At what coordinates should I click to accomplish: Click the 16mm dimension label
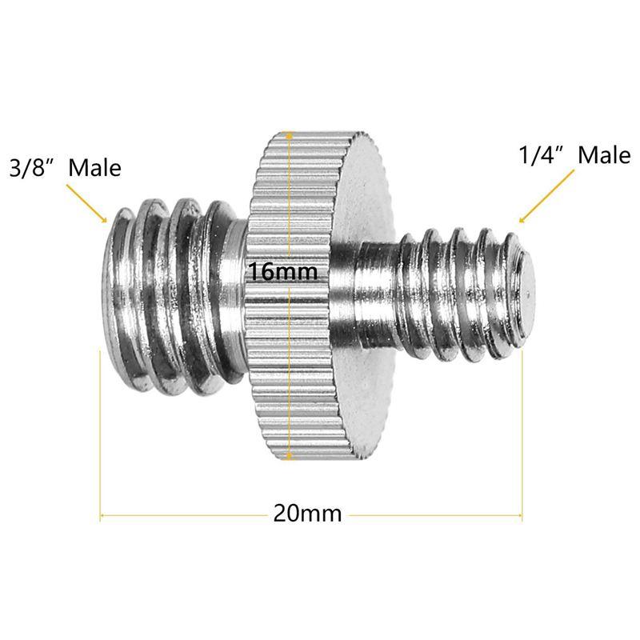(282, 272)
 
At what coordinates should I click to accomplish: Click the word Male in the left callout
(94, 168)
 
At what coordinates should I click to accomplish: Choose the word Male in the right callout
(604, 155)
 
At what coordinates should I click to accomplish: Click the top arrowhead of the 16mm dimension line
(287, 136)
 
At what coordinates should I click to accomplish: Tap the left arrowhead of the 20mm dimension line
(103, 513)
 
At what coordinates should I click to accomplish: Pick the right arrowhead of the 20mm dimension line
(519, 513)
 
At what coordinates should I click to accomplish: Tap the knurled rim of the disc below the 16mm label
(287, 376)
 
